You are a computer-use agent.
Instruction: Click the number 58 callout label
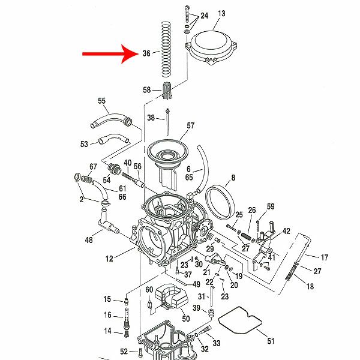pyautogui.click(x=147, y=91)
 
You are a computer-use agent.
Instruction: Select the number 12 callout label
pyautogui.click(x=109, y=259)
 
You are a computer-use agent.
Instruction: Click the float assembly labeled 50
pyautogui.click(x=172, y=298)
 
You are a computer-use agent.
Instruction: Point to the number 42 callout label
pyautogui.click(x=286, y=231)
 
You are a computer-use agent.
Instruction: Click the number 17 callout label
pyautogui.click(x=325, y=257)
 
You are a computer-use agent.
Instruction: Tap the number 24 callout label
pyautogui.click(x=204, y=16)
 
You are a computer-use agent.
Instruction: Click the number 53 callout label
pyautogui.click(x=85, y=144)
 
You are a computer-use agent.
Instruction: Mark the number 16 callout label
pyautogui.click(x=107, y=315)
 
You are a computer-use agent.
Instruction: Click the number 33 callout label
pyautogui.click(x=216, y=343)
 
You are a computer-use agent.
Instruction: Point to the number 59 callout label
pyautogui.click(x=271, y=207)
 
